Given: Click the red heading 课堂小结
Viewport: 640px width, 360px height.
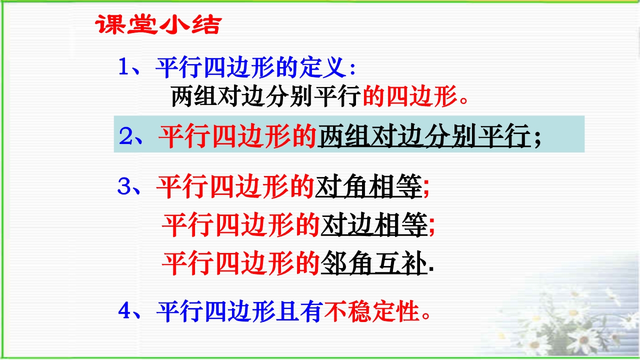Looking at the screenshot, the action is [158, 24].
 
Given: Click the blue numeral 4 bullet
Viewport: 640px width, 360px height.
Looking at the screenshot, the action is [124, 310].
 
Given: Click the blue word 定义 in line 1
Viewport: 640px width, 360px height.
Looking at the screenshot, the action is [322, 67].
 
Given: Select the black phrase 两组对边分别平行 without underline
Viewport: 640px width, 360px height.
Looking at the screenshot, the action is [266, 96].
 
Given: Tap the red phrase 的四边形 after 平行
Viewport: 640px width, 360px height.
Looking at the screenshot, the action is [409, 96].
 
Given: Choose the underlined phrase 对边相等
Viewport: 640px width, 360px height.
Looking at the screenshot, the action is [374, 225].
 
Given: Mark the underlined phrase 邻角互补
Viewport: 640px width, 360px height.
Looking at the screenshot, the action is [374, 263].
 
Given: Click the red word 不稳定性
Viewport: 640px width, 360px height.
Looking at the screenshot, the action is [371, 311].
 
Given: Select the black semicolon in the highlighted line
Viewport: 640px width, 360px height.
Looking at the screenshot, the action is [537, 138].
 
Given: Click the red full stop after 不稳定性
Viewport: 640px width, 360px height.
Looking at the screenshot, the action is [426, 315].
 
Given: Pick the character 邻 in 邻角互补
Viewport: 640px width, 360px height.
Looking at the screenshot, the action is [333, 262].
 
